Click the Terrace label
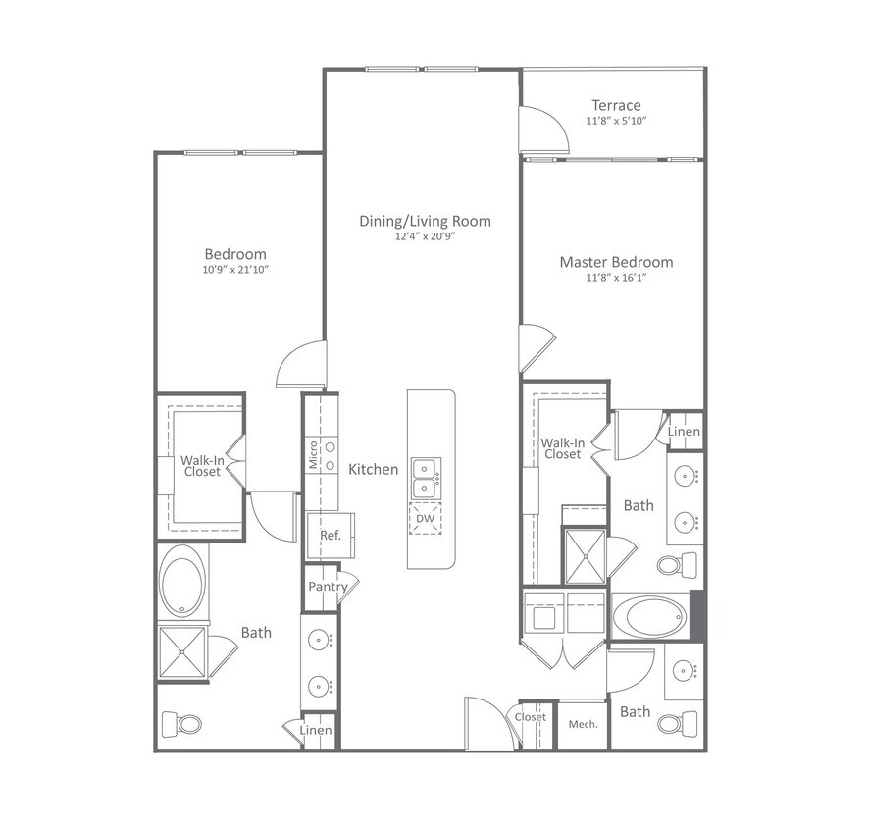pyautogui.click(x=616, y=105)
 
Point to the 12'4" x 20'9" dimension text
pyautogui.click(x=425, y=236)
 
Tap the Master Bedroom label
pyautogui.click(x=616, y=262)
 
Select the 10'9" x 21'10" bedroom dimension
pyautogui.click(x=235, y=269)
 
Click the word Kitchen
pyautogui.click(x=374, y=469)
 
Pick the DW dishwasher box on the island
pyautogui.click(x=425, y=519)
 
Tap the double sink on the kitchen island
pyautogui.click(x=425, y=477)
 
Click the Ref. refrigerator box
pyautogui.click(x=330, y=536)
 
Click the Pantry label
pyautogui.click(x=328, y=587)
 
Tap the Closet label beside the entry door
pyautogui.click(x=531, y=717)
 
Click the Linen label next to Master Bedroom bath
pyautogui.click(x=685, y=432)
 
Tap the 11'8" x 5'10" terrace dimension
pyautogui.click(x=616, y=121)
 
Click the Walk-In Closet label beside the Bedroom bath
pyautogui.click(x=200, y=466)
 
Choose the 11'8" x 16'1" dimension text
pyautogui.click(x=616, y=278)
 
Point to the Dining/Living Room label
pyautogui.click(x=425, y=221)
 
